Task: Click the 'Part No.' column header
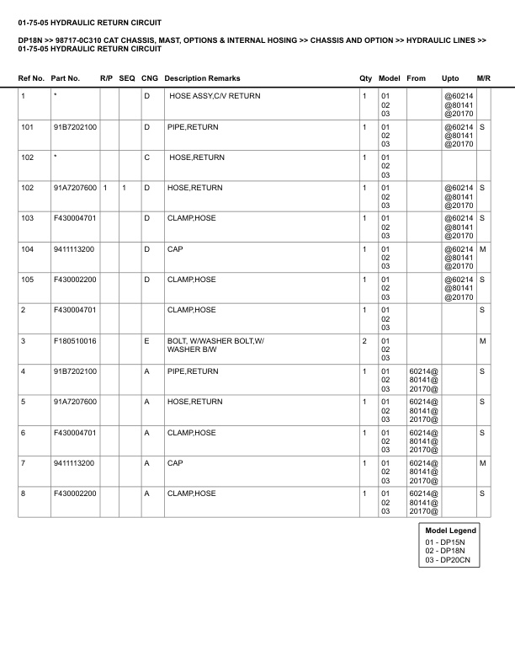(x=66, y=78)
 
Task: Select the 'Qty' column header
(x=365, y=78)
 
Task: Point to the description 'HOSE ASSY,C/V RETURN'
(x=215, y=96)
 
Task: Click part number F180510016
(x=75, y=340)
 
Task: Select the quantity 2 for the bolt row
(x=364, y=340)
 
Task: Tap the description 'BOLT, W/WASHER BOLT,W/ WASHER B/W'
(x=215, y=344)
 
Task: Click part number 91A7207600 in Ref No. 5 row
(x=75, y=402)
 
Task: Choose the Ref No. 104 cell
(x=27, y=249)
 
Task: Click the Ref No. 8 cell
(x=24, y=493)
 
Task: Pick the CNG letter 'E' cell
(x=146, y=340)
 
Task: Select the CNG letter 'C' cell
(x=146, y=157)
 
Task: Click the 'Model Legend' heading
(x=451, y=531)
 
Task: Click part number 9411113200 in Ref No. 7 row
(x=74, y=462)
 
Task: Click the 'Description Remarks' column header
(x=202, y=78)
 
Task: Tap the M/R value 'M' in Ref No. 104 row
(x=483, y=249)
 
